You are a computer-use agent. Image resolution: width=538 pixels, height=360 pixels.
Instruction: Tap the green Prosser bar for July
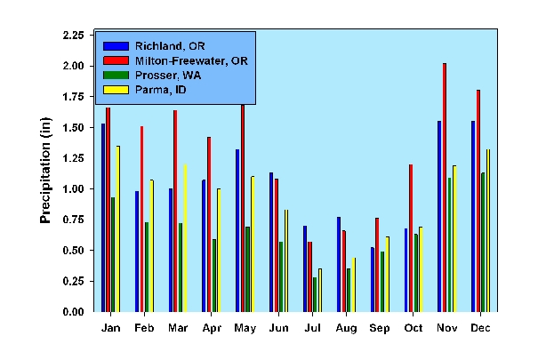click(315, 294)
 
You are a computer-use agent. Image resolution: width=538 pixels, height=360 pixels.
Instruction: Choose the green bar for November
click(450, 244)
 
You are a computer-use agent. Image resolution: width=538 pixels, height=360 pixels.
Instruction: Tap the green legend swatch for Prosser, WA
click(116, 75)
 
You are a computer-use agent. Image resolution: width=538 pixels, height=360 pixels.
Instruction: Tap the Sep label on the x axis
click(379, 328)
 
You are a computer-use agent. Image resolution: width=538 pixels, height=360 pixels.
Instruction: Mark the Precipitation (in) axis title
click(45, 174)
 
